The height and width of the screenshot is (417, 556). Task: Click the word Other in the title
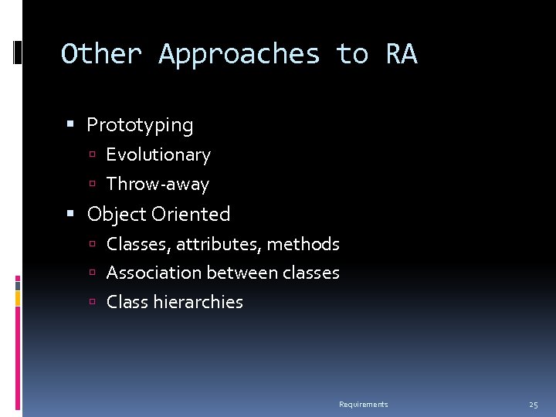101,55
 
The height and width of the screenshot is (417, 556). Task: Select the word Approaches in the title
239,55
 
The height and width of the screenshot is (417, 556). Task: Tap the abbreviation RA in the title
401,55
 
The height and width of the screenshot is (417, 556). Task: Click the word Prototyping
140,124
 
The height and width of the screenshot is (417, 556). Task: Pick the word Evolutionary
158,154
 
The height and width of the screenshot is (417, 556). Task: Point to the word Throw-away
158,184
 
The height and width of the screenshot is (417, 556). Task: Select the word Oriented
192,214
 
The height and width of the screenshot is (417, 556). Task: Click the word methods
303,244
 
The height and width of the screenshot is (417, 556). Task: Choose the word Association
149,273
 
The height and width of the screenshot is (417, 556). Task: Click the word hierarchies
198,302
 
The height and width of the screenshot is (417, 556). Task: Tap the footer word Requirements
364,405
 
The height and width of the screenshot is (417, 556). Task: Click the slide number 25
533,405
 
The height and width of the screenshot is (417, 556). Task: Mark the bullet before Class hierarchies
92,303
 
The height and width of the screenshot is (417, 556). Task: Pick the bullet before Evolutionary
92,155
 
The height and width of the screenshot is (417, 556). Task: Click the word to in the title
351,55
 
